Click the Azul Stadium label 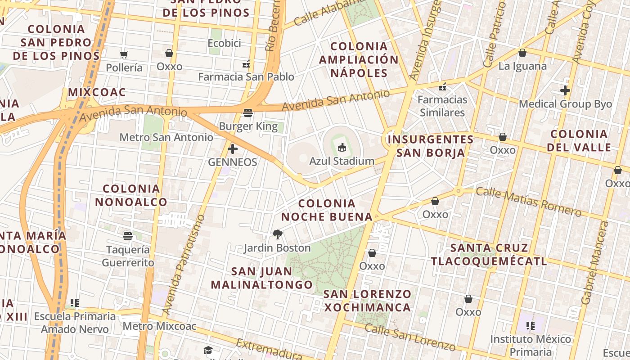coord(342,161)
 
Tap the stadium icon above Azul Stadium coord(342,147)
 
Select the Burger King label coord(248,126)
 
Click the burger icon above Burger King coord(248,112)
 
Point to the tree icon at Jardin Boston coord(277,234)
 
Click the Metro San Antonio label coord(166,137)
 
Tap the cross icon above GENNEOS coord(233,149)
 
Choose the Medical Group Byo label coord(565,104)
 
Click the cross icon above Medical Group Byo coord(565,90)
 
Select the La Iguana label coord(522,66)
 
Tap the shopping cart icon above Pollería coord(124,55)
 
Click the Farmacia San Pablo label coord(246,77)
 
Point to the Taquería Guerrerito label coord(128,256)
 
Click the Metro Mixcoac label coord(159,326)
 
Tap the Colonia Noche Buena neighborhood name coord(327,210)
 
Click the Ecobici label coord(224,43)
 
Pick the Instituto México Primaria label coord(531,345)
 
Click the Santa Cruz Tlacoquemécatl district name coord(489,254)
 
